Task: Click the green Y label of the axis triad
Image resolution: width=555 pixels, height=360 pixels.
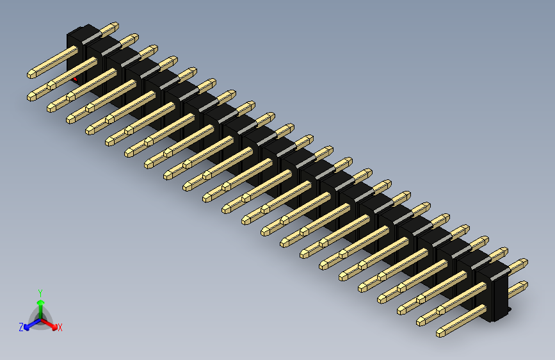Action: pos(40,292)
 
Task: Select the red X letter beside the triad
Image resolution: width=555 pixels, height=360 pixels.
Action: pos(60,328)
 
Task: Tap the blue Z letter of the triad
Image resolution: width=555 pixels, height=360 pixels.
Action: pos(21,327)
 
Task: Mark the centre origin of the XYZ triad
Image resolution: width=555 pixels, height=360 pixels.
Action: pos(40,318)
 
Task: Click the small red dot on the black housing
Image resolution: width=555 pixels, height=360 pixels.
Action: pos(76,79)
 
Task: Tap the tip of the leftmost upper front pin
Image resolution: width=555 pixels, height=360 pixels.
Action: pos(29,75)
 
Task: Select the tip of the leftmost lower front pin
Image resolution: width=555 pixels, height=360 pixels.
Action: pos(31,97)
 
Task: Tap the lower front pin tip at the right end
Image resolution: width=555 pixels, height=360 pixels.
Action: pos(440,332)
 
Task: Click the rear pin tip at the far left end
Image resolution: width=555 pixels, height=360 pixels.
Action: pos(115,26)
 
